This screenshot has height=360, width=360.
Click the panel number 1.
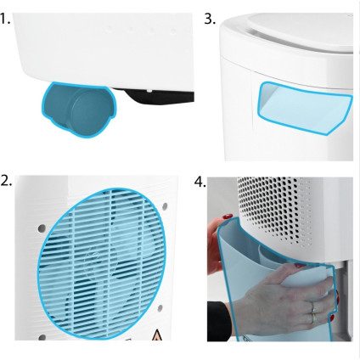pos(5,19)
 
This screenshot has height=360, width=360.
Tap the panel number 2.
pos(6,180)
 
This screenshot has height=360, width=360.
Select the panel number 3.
pos(210,20)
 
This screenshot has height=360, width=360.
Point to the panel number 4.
pos(200,182)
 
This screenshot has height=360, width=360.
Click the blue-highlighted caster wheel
pos(78,110)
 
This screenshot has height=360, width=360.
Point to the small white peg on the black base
pos(149,91)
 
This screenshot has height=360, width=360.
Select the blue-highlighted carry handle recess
pos(304,108)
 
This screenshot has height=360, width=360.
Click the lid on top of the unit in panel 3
pos(300,31)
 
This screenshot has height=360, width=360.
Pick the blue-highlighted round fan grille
pos(102,263)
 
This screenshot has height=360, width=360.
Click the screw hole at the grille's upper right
pos(165,206)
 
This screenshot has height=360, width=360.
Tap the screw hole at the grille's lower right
pos(160,308)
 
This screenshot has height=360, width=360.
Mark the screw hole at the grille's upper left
pos(42,228)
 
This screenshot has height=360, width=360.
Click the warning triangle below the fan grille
pos(157,335)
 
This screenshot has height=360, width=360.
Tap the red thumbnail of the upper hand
pos(228,217)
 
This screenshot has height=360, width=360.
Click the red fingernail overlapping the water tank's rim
pos(300,266)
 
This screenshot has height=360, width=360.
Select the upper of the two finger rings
pos(312,307)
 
